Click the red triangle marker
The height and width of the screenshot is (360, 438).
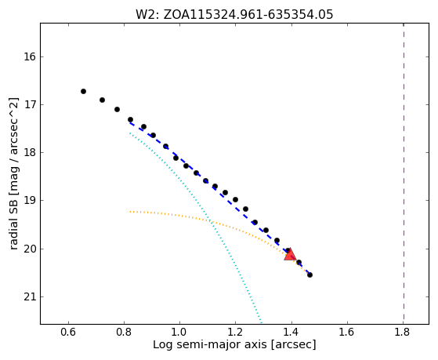point(290,254)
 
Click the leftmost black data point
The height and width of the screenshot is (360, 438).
point(83,92)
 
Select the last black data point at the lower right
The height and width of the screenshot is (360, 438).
point(309,275)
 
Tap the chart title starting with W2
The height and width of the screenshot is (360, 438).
point(234,15)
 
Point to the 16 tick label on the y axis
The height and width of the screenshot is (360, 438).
point(30,57)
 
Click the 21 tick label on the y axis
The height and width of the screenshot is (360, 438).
point(30,297)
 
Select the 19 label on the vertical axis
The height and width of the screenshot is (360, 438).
point(30,201)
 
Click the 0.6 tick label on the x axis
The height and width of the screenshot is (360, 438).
point(68,332)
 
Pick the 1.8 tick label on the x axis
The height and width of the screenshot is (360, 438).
point(403,332)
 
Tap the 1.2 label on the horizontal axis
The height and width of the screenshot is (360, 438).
point(236,332)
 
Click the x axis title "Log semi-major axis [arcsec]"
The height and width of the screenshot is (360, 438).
point(234,345)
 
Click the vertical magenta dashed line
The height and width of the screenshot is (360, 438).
point(404,173)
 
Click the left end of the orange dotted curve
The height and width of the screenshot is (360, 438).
point(130,212)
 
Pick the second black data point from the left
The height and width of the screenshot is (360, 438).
point(102,100)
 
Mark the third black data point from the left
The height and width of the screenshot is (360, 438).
point(117,109)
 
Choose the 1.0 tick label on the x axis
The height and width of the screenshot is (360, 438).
point(179,332)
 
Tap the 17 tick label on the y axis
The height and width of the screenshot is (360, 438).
point(30,105)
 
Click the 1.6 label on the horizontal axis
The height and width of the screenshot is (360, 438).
point(347,332)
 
